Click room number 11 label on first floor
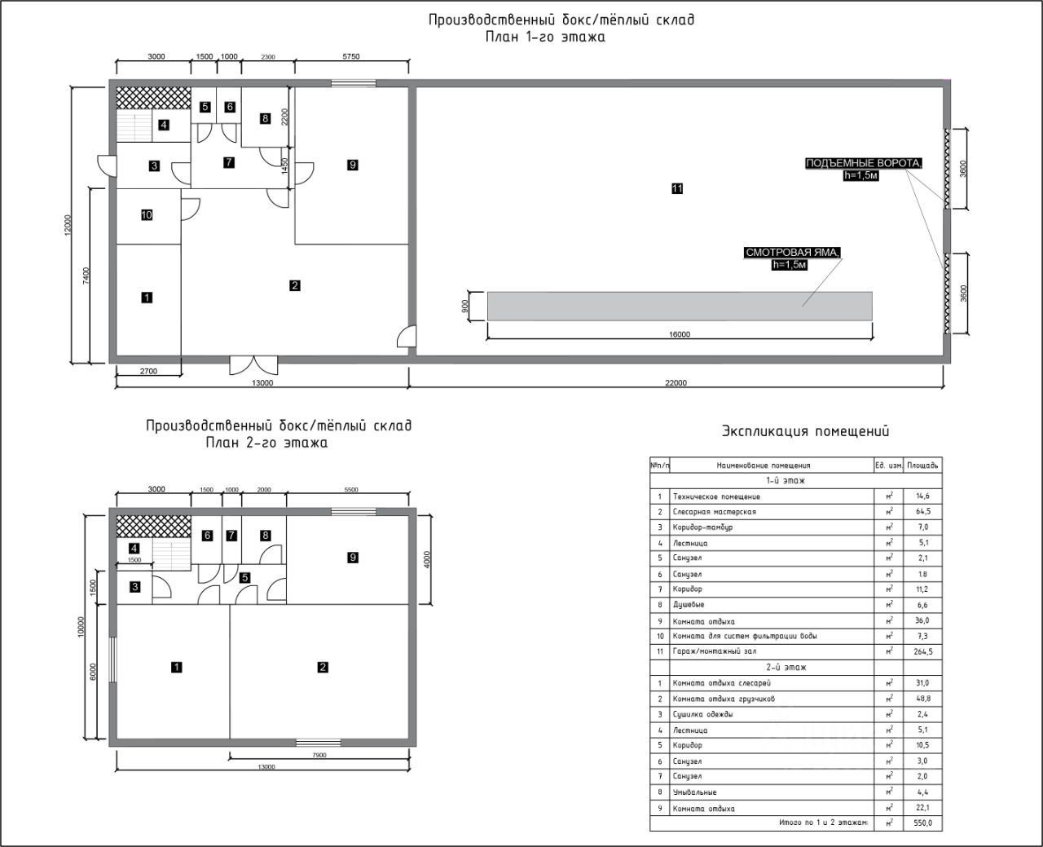tap(677, 188)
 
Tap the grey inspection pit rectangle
tap(680, 305)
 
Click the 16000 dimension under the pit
tap(679, 334)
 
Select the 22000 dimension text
tap(676, 383)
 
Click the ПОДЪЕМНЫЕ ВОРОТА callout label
tap(864, 163)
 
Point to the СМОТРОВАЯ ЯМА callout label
tap(791, 253)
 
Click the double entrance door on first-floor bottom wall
tap(253, 364)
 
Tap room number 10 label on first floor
tap(147, 215)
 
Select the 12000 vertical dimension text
tap(68, 227)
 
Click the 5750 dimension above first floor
tap(351, 56)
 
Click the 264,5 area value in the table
tap(923, 651)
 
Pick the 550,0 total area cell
tap(923, 823)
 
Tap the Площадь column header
tap(923, 465)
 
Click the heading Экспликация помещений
tap(805, 431)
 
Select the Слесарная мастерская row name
tap(702, 512)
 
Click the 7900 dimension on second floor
tap(319, 755)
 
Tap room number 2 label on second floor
tap(323, 668)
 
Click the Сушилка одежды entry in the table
tap(702, 714)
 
